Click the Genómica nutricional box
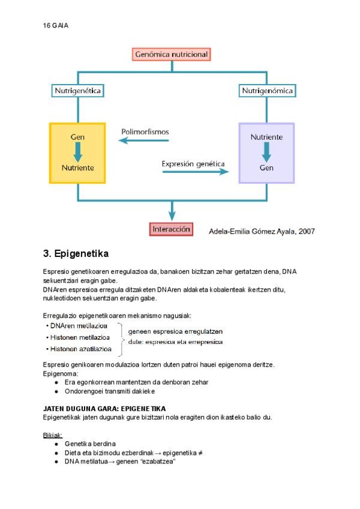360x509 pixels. (x=172, y=55)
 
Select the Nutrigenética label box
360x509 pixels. (x=77, y=91)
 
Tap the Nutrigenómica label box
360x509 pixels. (x=267, y=91)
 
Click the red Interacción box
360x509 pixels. (x=172, y=229)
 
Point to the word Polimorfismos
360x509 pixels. (x=145, y=131)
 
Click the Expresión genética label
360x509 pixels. (x=193, y=163)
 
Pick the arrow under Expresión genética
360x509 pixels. (x=196, y=172)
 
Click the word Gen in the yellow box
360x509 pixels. (x=77, y=137)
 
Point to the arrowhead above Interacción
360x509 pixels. (x=172, y=215)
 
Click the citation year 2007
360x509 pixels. (x=305, y=231)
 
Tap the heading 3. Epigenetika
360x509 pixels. (x=76, y=253)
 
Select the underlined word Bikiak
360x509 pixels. (x=53, y=435)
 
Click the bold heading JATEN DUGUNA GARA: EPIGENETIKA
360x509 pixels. (x=104, y=408)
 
